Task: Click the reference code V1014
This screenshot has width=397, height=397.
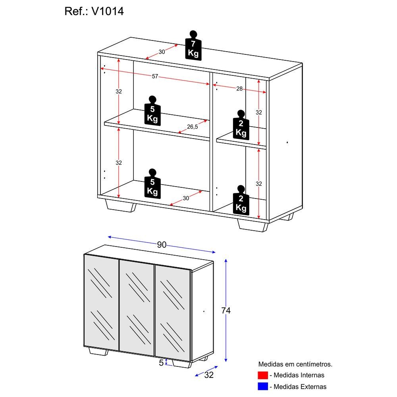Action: [x=108, y=12]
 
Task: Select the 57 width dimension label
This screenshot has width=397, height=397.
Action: [x=155, y=76]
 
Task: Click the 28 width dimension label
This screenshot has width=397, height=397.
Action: [x=239, y=89]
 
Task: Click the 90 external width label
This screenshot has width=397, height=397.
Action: [x=161, y=245]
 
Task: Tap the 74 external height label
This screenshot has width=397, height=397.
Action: [x=225, y=311]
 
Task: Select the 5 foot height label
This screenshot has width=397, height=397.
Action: [x=161, y=362]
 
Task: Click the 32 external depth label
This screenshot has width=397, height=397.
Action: [x=209, y=375]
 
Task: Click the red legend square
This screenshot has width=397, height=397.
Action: [x=262, y=375]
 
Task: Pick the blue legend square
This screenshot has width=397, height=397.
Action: [x=262, y=386]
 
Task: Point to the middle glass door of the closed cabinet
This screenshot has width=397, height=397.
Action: [x=137, y=308]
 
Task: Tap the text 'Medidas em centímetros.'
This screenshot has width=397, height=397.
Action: [x=295, y=364]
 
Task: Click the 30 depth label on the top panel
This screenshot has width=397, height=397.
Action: [x=162, y=52]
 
